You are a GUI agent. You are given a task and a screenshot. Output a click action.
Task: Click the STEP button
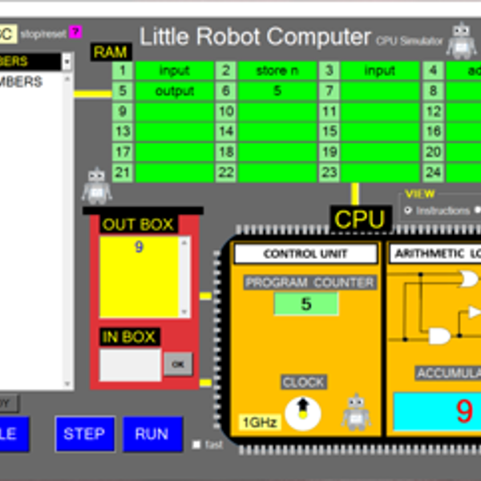[84, 434]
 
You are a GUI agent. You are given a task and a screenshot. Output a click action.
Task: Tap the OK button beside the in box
[178, 364]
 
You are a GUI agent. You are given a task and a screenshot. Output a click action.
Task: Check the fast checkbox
[197, 444]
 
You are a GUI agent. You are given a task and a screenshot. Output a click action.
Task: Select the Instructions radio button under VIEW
[408, 210]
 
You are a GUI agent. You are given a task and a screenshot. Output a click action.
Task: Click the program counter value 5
[306, 304]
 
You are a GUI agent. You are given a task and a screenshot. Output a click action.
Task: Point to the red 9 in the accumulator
[464, 411]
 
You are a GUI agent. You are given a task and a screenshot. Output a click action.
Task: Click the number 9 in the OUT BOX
[139, 248]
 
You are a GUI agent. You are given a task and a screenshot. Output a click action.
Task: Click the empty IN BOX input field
[130, 364]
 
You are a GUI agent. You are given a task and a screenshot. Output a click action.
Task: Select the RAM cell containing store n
[277, 71]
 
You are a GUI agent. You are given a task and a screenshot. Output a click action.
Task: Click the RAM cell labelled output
[174, 91]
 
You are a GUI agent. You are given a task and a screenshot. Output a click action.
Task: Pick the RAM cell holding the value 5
[277, 91]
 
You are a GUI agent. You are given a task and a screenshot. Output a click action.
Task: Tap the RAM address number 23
[329, 172]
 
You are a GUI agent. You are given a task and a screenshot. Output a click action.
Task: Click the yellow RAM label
[111, 52]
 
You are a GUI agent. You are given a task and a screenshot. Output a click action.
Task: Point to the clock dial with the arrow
[302, 411]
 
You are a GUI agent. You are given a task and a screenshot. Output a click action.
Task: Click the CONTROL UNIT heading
[305, 254]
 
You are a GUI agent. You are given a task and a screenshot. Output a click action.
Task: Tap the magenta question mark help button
[75, 32]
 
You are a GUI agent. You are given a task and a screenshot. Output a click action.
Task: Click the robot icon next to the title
[461, 40]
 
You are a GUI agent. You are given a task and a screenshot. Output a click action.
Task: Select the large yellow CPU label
[360, 219]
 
